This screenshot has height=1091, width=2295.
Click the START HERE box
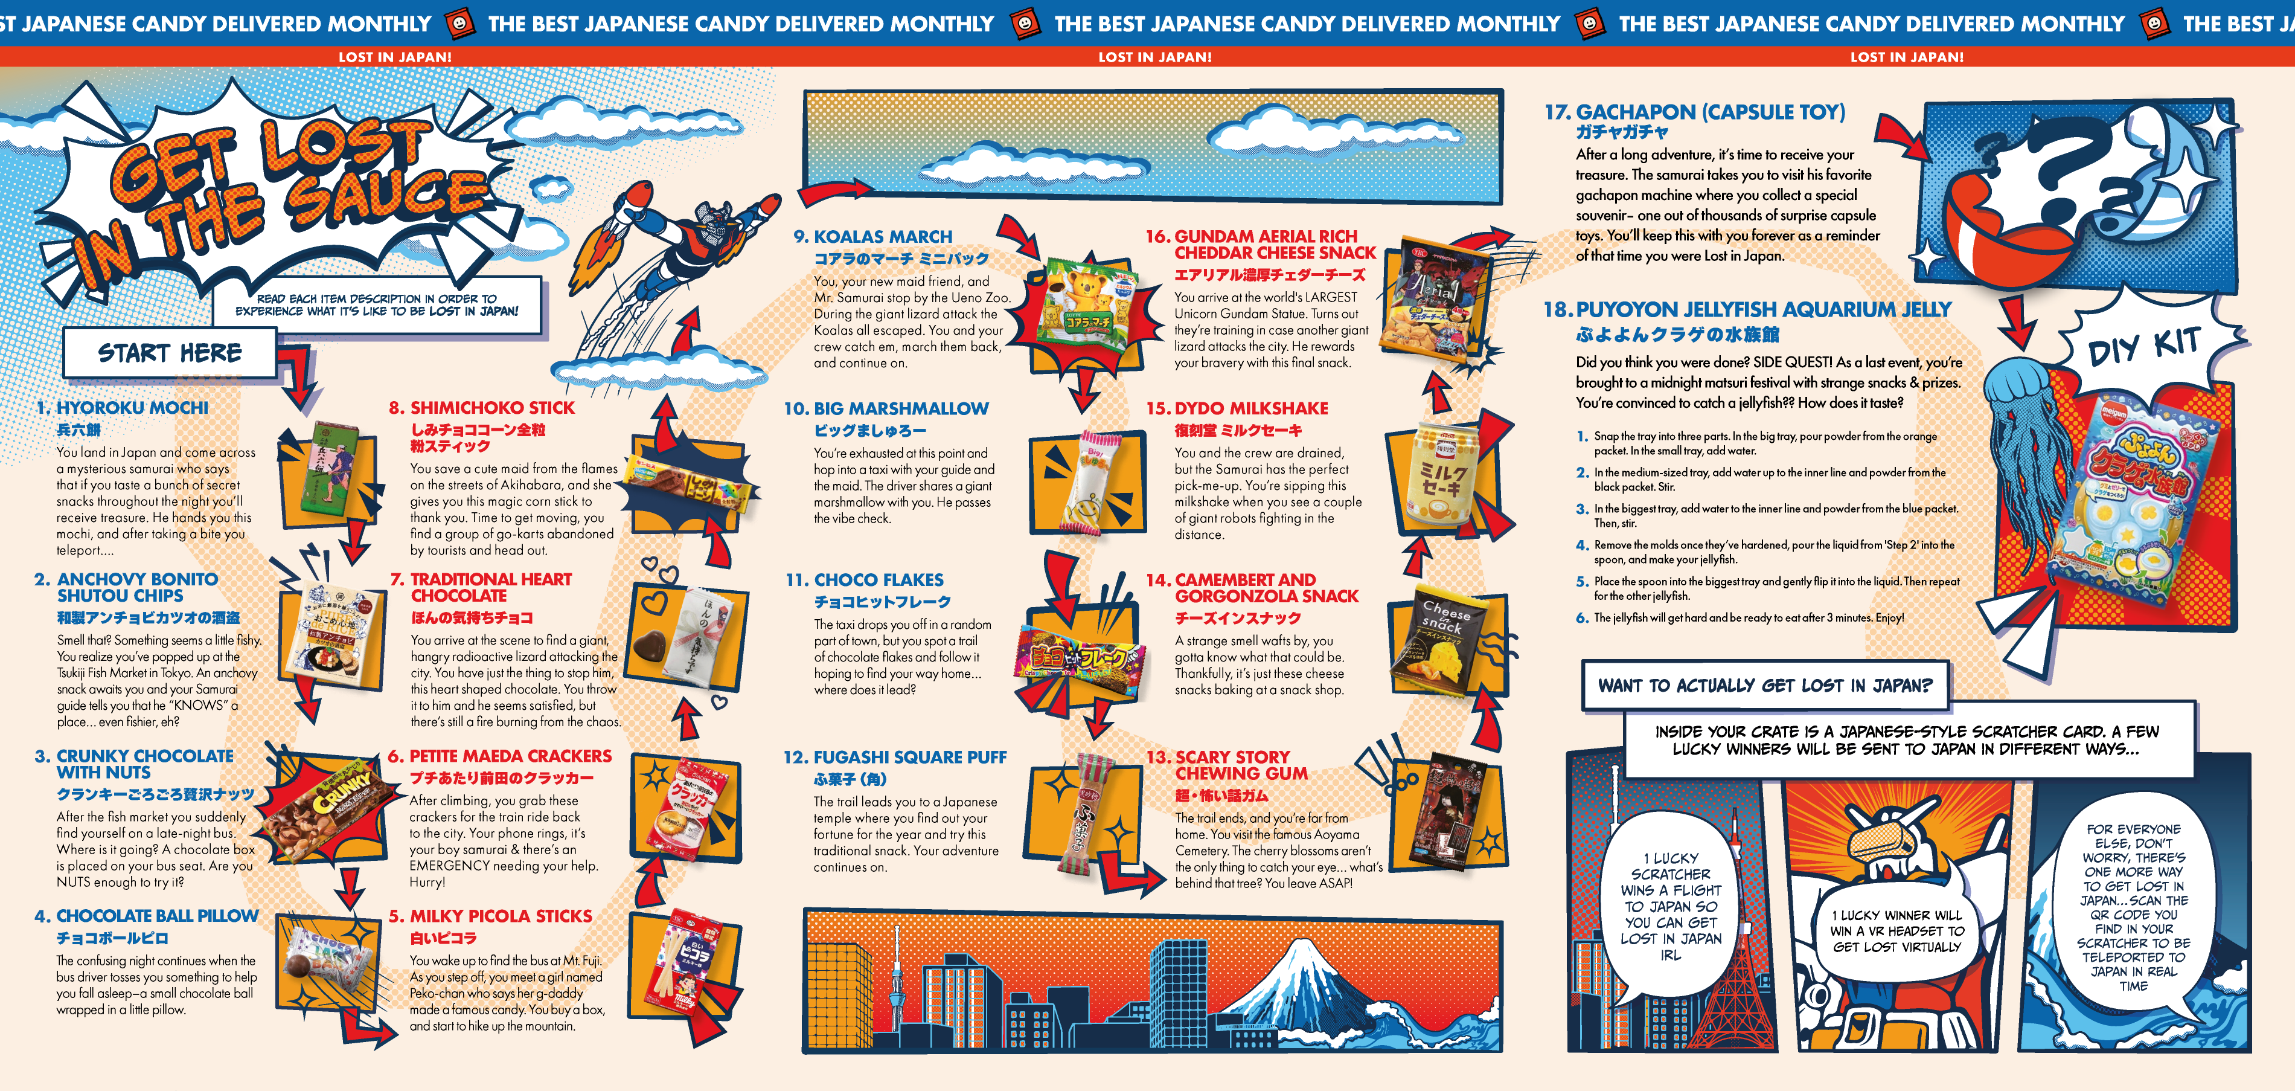pos(169,353)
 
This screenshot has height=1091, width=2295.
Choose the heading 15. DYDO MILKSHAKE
pos(1237,408)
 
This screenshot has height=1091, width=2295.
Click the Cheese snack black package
pos(1448,641)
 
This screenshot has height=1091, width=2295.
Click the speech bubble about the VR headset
pos(1896,930)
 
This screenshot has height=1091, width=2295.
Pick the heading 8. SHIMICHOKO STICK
pos(482,407)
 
